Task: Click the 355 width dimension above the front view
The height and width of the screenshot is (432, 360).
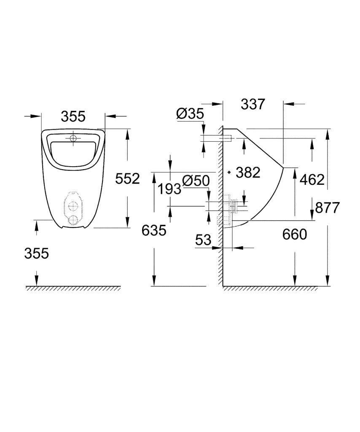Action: [73, 116]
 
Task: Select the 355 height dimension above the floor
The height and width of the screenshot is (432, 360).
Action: [36, 253]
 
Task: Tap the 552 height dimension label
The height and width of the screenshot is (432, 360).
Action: [127, 179]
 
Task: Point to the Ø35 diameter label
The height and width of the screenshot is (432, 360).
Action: [190, 113]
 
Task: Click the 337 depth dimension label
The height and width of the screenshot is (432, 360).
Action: [253, 104]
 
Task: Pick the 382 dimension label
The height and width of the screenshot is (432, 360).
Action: [248, 172]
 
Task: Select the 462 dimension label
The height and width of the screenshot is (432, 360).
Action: [312, 180]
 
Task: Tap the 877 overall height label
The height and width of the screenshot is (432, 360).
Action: [327, 208]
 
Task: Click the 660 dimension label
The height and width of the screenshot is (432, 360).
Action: [295, 234]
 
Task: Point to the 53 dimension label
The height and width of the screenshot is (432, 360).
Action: [203, 240]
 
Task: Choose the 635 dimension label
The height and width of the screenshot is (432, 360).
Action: [154, 230]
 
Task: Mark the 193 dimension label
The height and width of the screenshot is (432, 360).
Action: [169, 189]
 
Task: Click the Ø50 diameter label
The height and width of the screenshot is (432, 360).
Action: [196, 181]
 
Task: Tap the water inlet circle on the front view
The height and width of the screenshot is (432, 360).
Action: [73, 138]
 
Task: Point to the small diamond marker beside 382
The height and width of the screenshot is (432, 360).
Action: [229, 172]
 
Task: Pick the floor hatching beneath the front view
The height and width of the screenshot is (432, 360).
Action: [73, 288]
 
